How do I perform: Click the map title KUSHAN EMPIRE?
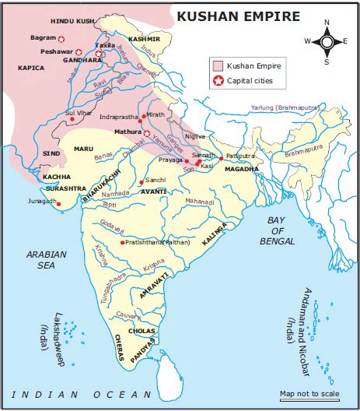coord(228,16)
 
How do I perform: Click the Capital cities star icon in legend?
coord(218,80)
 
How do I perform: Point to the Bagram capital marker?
coord(62,37)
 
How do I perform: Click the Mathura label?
coord(127,132)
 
